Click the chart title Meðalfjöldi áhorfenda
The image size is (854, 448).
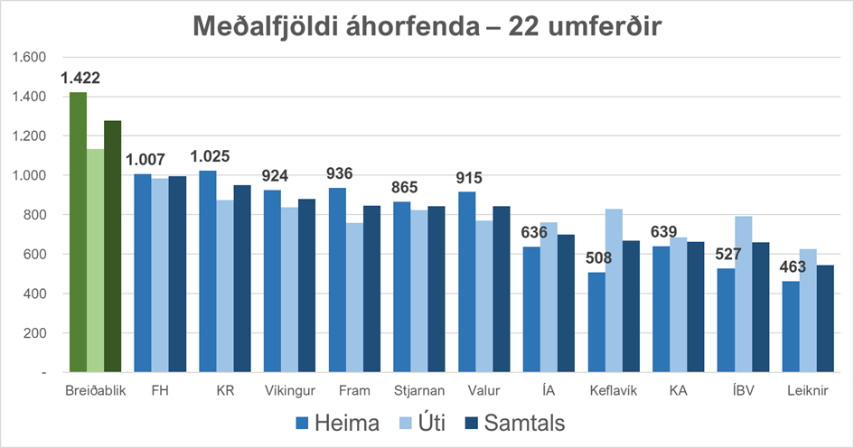point(427,26)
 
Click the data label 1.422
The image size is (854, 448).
point(80,79)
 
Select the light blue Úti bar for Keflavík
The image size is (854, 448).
point(615,290)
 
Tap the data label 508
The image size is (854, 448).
point(598,258)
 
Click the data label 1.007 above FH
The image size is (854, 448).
point(145,160)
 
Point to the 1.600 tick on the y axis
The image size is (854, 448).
point(29,57)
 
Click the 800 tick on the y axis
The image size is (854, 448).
point(33,215)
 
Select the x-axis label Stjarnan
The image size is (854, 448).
point(419,392)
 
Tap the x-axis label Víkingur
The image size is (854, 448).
point(289,392)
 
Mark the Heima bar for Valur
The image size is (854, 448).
point(467,281)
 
